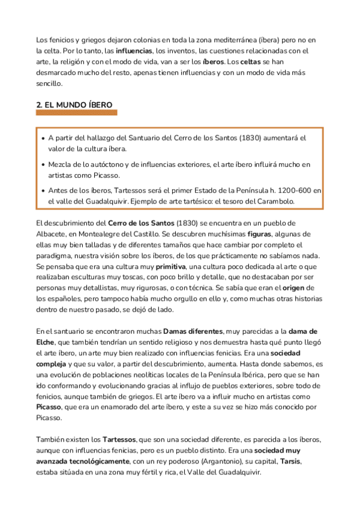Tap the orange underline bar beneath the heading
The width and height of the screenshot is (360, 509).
click(76, 113)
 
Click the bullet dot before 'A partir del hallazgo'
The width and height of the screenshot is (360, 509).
click(43, 138)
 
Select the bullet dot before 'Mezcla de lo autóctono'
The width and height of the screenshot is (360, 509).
click(43, 164)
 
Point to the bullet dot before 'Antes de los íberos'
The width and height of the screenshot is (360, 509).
click(43, 191)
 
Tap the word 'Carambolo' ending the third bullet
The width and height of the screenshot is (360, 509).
click(273, 201)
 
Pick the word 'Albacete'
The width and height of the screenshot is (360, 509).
click(52, 234)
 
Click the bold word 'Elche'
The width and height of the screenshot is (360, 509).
click(47, 342)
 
